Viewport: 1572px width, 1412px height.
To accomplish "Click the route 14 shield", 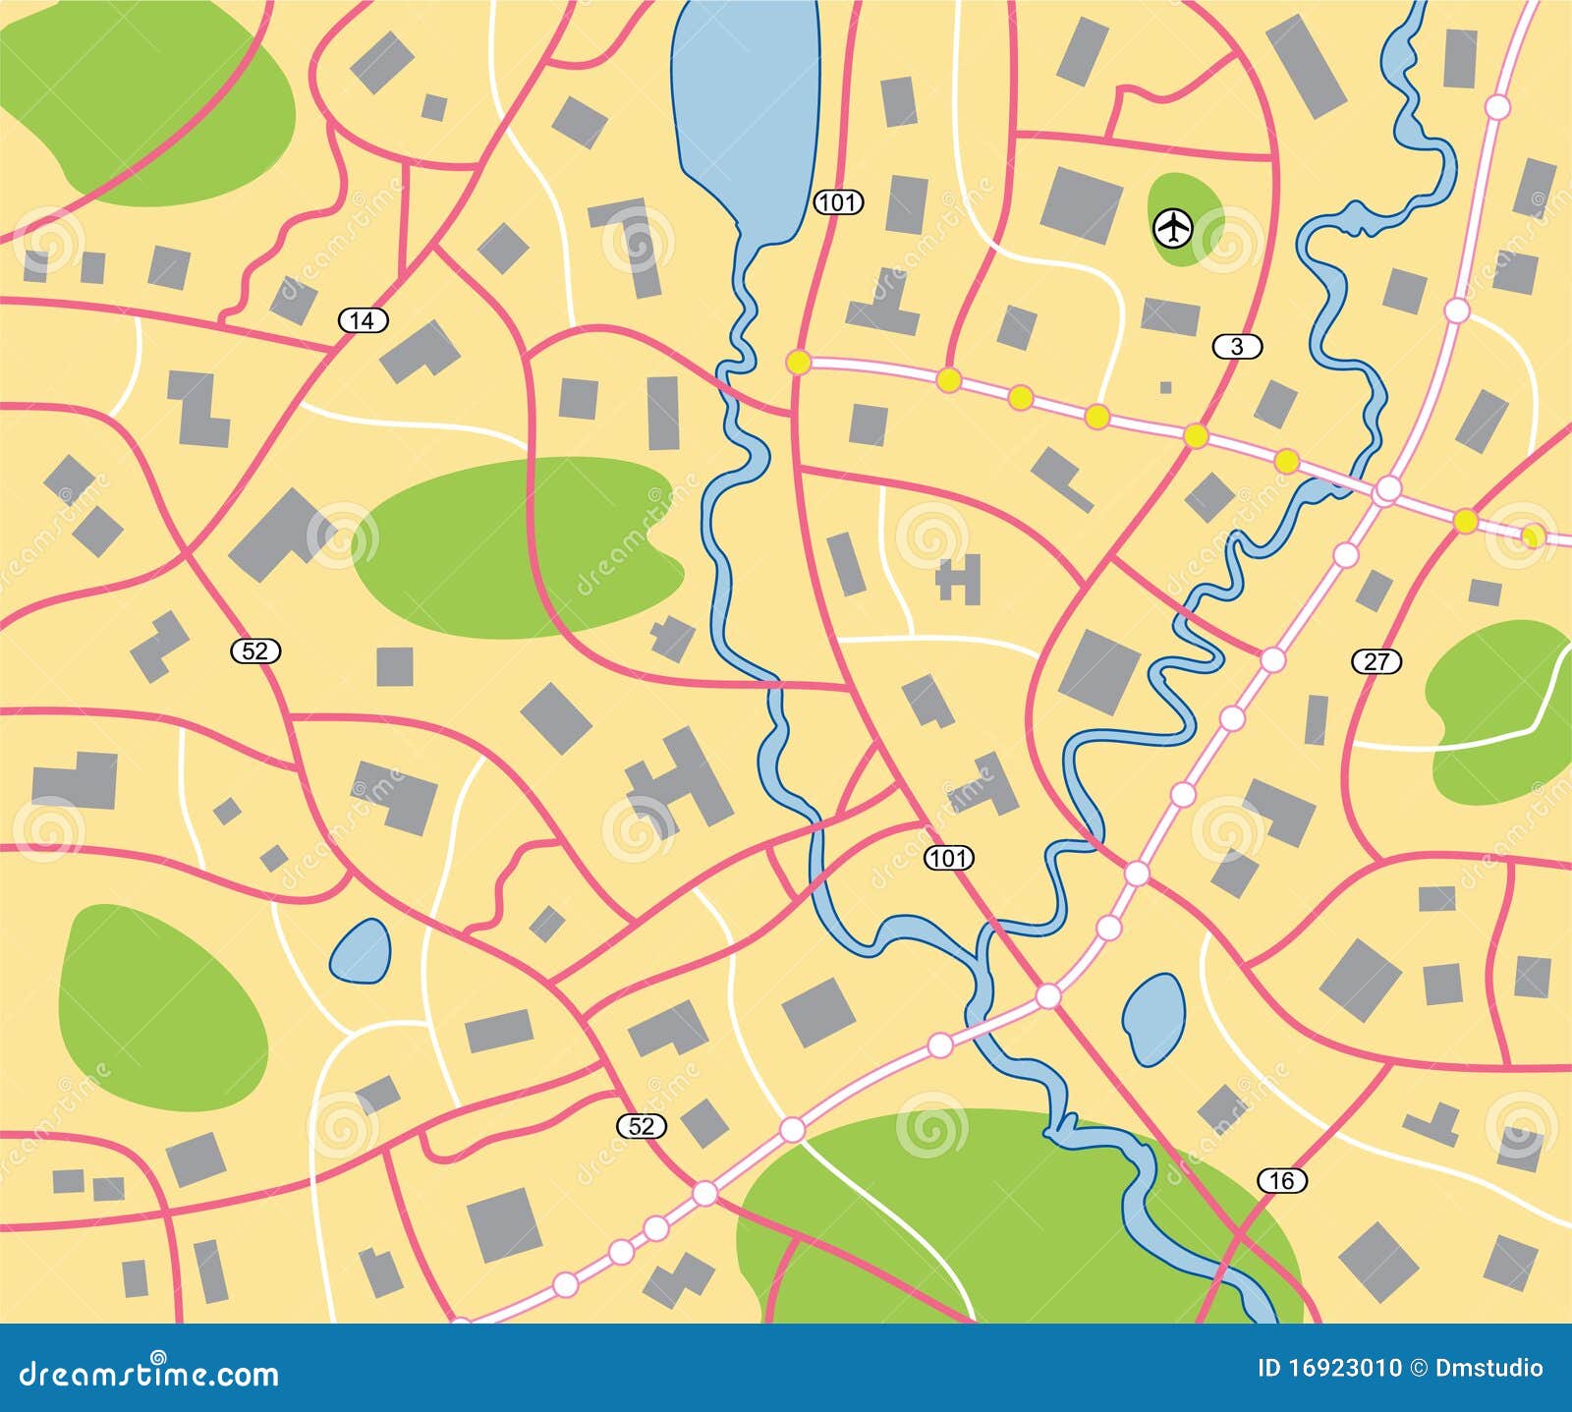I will coord(364,320).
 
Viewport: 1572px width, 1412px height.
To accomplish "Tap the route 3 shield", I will coord(1237,346).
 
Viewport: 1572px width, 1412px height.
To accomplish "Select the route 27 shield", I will coord(1376,662).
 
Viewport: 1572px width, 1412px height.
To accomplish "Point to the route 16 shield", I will coord(1282,1180).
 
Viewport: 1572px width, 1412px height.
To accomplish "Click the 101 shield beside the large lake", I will coord(838,203).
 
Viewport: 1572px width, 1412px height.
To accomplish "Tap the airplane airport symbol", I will coord(1172,229).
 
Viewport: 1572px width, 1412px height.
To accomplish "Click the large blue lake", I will coord(747,108).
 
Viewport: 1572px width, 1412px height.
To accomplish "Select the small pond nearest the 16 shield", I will coord(1153,1019).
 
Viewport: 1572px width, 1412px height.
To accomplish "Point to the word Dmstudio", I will coord(1490,1368).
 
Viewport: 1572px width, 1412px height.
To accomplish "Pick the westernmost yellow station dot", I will coord(798,363).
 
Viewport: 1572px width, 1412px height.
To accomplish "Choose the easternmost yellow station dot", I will coord(1532,536).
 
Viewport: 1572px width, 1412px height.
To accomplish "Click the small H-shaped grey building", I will coord(959,579).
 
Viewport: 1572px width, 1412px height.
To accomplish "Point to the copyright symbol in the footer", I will coord(1422,1368).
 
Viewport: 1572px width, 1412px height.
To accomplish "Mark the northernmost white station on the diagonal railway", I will coord(1496,106).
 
